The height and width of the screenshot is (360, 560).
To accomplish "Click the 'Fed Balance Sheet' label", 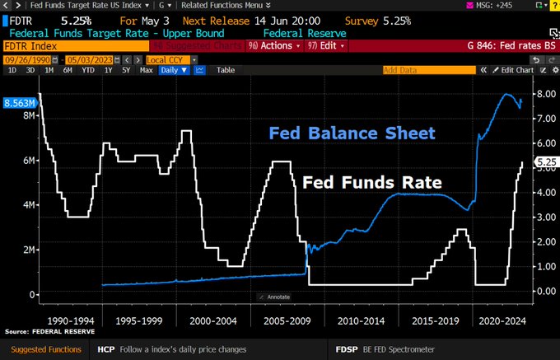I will [x=352, y=133].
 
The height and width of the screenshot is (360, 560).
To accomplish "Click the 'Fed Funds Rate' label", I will [x=372, y=182].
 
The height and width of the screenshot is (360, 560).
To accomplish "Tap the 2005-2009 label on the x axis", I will [x=278, y=320].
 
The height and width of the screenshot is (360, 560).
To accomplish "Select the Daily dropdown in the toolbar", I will [x=170, y=70].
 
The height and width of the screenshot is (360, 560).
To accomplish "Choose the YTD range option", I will [x=86, y=70].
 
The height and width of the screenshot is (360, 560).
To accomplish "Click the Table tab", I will [x=225, y=70].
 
